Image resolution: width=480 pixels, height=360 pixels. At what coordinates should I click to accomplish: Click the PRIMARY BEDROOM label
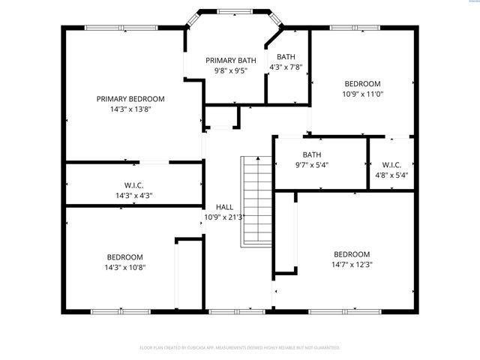(x=130, y=98)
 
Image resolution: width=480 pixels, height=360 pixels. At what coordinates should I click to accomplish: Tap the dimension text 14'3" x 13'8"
(x=130, y=109)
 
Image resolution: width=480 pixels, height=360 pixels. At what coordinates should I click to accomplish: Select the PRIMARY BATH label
(x=231, y=61)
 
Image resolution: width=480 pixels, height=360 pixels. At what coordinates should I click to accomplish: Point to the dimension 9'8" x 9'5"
(x=231, y=72)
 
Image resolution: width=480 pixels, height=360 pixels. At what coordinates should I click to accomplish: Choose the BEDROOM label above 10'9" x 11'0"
(x=362, y=83)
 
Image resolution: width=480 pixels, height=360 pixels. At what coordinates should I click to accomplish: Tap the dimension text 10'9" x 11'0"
(x=362, y=94)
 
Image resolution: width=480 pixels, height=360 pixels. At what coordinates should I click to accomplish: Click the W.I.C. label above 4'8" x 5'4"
(x=391, y=165)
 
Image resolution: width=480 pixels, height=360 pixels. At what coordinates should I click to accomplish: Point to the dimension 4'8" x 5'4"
(x=391, y=175)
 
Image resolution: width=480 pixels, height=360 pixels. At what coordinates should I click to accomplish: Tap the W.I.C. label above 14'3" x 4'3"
(x=133, y=185)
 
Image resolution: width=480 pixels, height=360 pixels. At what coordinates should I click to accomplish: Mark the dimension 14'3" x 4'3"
(x=133, y=196)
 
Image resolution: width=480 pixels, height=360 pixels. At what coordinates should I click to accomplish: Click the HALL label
(x=224, y=207)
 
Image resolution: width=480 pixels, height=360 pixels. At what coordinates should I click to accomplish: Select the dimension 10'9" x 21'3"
(x=225, y=217)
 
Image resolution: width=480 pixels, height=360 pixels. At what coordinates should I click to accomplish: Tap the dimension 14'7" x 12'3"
(x=352, y=264)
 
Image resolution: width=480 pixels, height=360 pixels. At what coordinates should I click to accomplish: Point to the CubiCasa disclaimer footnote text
(x=240, y=347)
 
